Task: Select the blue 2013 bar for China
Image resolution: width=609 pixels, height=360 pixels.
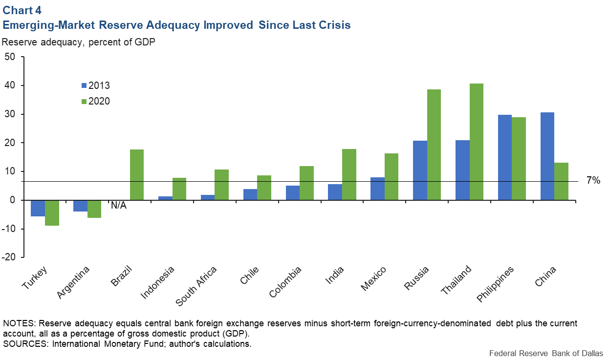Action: tap(547, 156)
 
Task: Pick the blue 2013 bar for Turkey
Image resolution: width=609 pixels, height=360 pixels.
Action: tap(38, 208)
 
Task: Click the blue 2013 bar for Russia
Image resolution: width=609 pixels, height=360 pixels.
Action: tap(420, 170)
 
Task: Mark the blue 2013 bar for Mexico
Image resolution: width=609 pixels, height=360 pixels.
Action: tap(377, 189)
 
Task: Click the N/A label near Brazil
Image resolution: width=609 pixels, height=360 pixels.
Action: tap(118, 206)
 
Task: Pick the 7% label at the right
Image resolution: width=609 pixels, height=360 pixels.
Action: tap(593, 181)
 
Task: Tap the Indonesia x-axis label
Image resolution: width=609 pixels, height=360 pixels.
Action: tap(157, 283)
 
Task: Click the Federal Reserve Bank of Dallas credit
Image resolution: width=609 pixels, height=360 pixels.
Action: tap(545, 353)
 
